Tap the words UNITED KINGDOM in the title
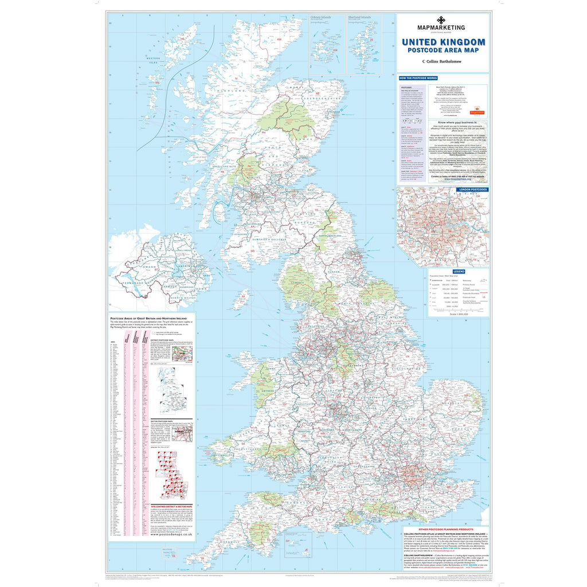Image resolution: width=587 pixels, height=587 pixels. [x=443, y=42]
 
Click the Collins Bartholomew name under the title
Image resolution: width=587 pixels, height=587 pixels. [x=443, y=61]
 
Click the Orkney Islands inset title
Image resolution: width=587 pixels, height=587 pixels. [x=322, y=18]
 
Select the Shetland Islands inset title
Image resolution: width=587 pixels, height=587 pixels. [x=359, y=18]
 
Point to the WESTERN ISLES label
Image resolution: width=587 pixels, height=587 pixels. [x=154, y=60]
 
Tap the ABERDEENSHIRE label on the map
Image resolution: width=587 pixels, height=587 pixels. [x=311, y=99]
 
